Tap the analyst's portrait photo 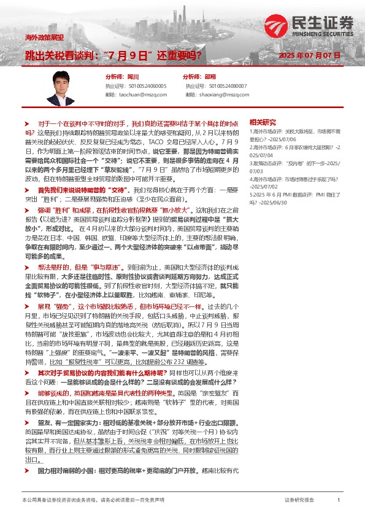point(63,86)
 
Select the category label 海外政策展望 point(45,37)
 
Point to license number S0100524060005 point(142,87)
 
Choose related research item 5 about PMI point(294,200)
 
